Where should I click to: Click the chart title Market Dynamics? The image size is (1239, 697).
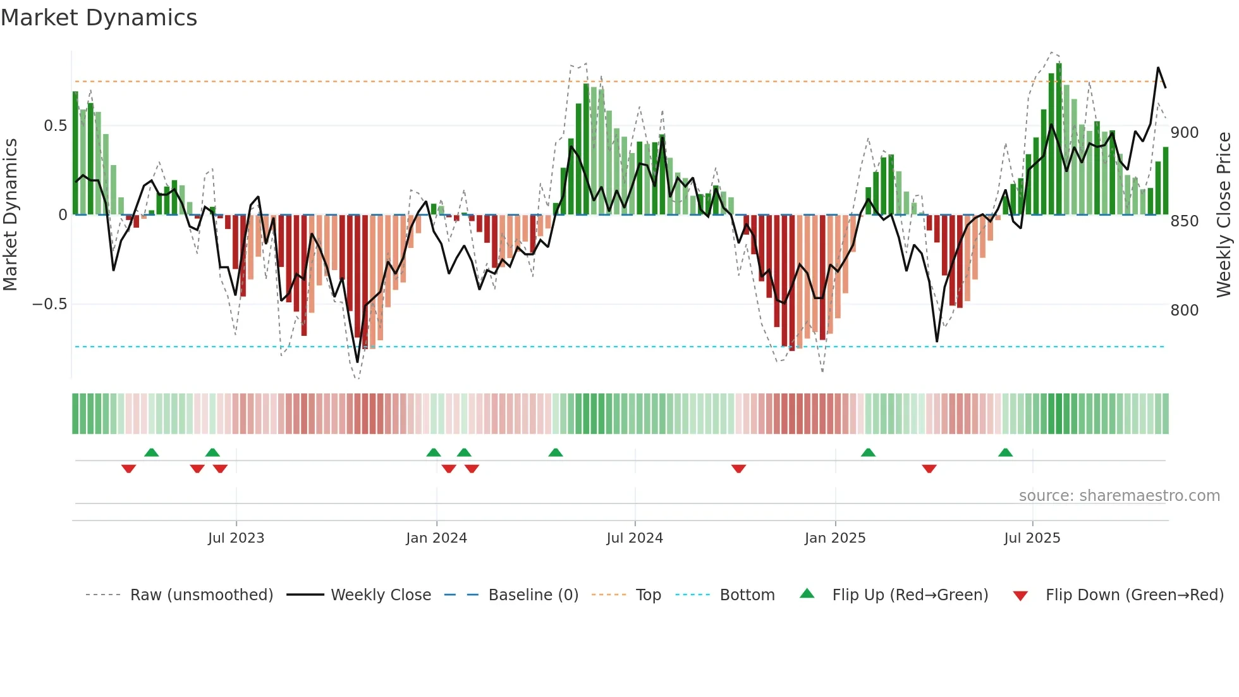99,18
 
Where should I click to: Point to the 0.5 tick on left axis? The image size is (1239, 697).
55,126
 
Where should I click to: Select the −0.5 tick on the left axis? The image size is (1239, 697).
49,304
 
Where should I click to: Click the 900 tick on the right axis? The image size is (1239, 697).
1184,133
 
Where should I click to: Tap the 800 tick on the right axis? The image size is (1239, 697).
1184,311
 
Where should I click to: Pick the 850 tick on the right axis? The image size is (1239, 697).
1184,221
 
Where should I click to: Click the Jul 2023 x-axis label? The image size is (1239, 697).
236,538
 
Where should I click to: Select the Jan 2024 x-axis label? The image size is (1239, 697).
436,538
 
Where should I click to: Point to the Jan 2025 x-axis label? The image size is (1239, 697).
834,538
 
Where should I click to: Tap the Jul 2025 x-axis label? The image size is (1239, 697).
1032,538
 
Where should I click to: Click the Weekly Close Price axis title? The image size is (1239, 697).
1224,215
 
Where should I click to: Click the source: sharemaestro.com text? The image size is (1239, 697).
1119,496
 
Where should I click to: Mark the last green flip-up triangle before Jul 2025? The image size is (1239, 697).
1005,453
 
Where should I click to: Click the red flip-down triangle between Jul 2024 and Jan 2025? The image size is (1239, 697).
738,469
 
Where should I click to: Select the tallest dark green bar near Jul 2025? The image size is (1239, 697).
1059,139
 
